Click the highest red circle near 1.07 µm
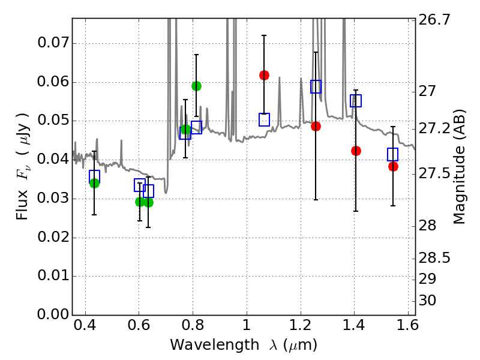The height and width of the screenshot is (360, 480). [264, 75]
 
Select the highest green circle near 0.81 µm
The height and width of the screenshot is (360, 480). [196, 86]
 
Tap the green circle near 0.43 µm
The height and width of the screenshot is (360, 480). [94, 183]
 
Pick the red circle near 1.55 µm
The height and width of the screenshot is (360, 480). [393, 166]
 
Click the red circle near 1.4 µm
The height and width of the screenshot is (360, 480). [356, 151]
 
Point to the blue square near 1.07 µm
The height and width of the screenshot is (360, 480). [264, 119]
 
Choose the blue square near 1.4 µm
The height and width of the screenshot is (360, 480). [356, 101]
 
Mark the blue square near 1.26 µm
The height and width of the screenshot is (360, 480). [316, 86]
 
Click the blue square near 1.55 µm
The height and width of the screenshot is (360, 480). [393, 154]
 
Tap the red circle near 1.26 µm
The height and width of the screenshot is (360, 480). [316, 126]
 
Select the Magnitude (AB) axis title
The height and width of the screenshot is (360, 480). [460, 166]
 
